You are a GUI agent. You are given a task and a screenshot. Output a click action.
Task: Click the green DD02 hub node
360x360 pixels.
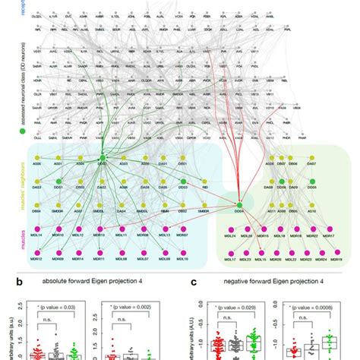[103, 158]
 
